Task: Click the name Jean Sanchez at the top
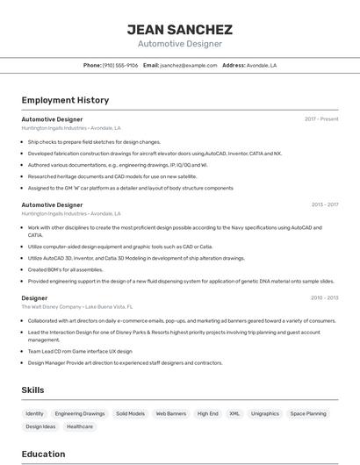click(x=179, y=29)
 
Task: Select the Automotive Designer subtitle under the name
click(x=179, y=44)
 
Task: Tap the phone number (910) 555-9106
click(x=120, y=65)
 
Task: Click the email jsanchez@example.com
click(x=188, y=65)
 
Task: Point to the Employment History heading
click(x=65, y=100)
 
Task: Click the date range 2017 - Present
click(x=321, y=118)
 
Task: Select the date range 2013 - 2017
click(x=324, y=204)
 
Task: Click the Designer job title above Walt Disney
click(x=34, y=298)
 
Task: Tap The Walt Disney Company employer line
click(x=77, y=307)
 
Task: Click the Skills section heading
click(x=33, y=390)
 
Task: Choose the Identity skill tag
click(x=34, y=413)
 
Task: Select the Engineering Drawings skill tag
click(x=80, y=413)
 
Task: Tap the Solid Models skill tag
click(x=131, y=413)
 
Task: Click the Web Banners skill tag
click(x=171, y=413)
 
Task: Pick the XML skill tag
click(x=234, y=413)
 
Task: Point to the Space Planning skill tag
click(x=308, y=413)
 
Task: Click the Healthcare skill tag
click(x=80, y=426)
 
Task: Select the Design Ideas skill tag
click(x=40, y=426)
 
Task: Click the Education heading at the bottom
click(x=43, y=454)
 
